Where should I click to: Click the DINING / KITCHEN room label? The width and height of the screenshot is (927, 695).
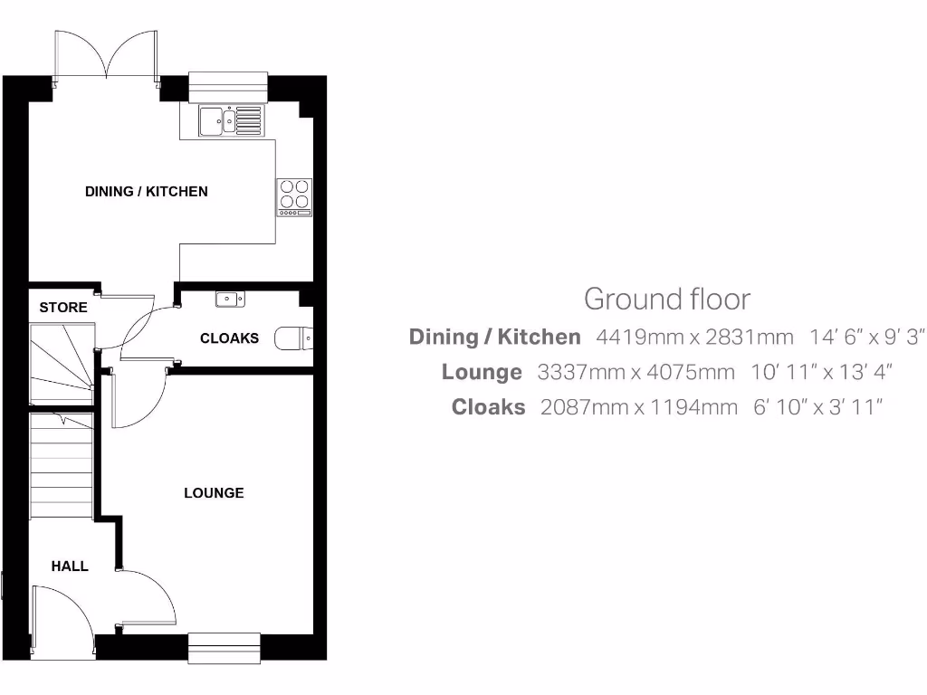pyautogui.click(x=147, y=192)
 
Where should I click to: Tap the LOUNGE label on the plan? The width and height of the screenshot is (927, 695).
pyautogui.click(x=214, y=493)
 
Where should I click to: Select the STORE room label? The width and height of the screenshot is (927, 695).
pyautogui.click(x=63, y=308)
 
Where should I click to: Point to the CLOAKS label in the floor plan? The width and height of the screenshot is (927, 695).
pyautogui.click(x=229, y=338)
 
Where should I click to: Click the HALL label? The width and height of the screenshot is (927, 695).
pyautogui.click(x=70, y=566)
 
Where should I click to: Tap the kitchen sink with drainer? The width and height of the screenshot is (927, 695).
pyautogui.click(x=231, y=119)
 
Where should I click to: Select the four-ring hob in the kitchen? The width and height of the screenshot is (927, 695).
pyautogui.click(x=294, y=195)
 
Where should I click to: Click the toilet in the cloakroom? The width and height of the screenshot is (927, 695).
pyautogui.click(x=293, y=338)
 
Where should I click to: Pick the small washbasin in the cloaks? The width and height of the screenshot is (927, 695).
pyautogui.click(x=226, y=299)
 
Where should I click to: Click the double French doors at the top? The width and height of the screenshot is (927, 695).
pyautogui.click(x=107, y=56)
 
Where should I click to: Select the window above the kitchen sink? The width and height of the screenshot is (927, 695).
pyautogui.click(x=229, y=84)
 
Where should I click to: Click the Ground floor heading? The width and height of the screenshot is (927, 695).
pyautogui.click(x=666, y=299)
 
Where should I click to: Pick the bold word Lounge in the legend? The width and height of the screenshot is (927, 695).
pyautogui.click(x=482, y=372)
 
